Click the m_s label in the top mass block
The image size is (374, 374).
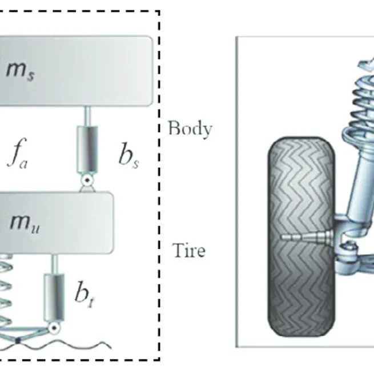21,72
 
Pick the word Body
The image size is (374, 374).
190,128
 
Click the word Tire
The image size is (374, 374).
188,250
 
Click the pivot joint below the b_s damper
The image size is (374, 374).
87,181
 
